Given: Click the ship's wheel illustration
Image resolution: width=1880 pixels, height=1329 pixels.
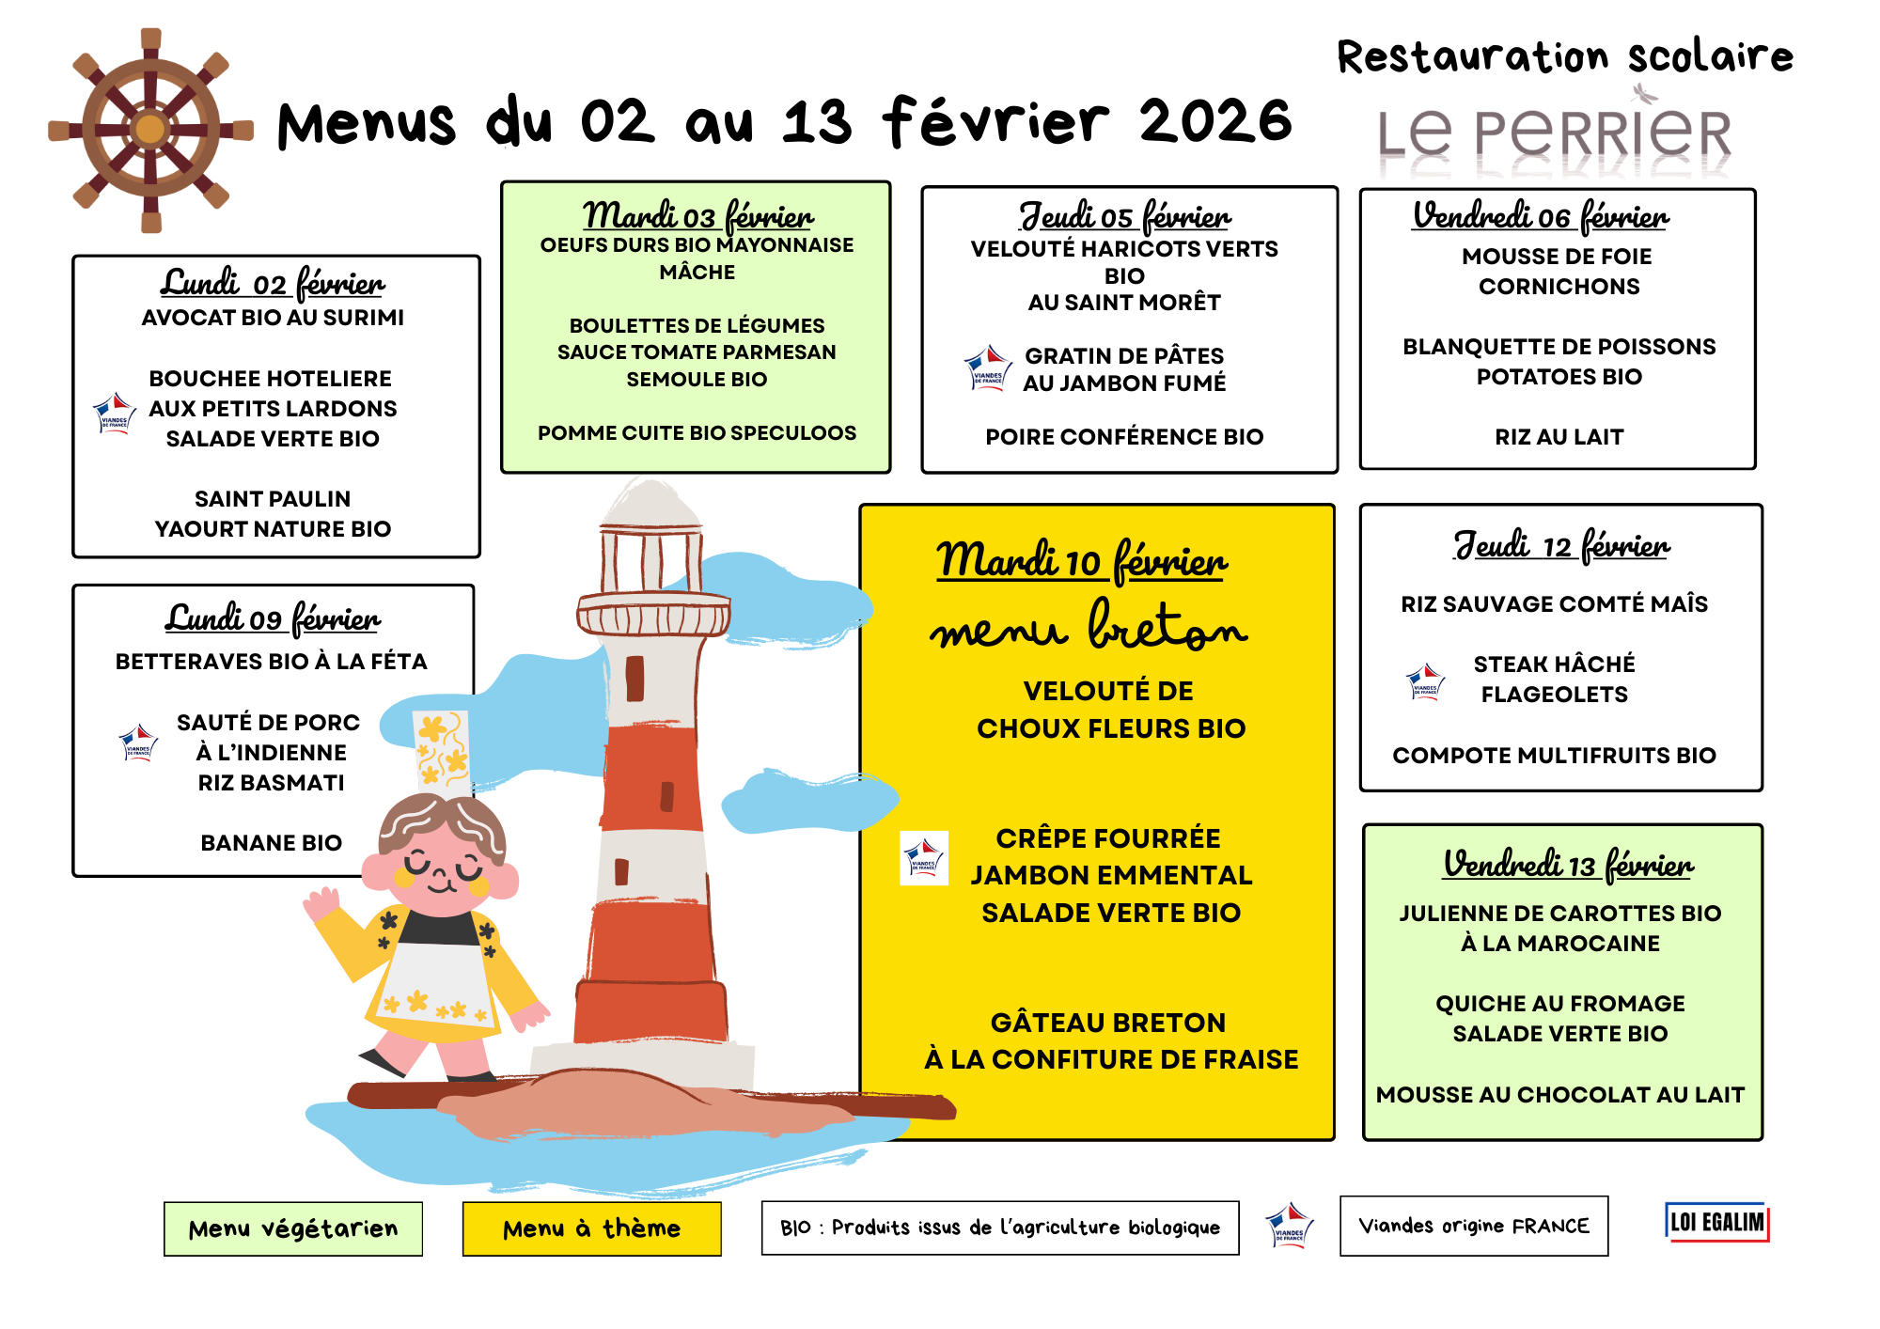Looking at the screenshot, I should [x=150, y=130].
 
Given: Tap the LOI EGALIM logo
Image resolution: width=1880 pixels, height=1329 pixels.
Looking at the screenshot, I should [x=1716, y=1222].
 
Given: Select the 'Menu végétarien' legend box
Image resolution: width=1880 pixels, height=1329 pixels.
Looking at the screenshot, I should [x=293, y=1228].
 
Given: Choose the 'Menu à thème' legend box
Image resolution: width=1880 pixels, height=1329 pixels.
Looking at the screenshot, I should [x=591, y=1228].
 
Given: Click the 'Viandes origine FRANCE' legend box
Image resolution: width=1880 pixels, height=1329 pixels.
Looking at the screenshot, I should [x=1473, y=1226].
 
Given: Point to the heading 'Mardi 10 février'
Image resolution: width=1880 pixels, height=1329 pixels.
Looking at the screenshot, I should [x=1081, y=561].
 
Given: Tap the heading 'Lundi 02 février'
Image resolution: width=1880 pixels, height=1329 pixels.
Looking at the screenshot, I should [x=272, y=283].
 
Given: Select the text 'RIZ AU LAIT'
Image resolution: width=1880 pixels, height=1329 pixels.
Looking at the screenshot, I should [x=1559, y=437].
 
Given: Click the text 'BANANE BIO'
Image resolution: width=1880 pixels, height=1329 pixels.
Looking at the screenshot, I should [x=271, y=843].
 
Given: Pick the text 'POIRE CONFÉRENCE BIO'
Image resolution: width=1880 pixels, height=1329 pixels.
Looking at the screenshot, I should [x=1124, y=437].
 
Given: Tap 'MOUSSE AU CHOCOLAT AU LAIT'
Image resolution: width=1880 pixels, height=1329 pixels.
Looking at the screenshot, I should [x=1559, y=1095].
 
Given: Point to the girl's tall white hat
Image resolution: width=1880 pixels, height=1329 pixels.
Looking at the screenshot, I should [x=442, y=752].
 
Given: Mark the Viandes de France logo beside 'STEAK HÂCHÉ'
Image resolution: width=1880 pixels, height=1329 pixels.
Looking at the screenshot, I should [x=1425, y=681].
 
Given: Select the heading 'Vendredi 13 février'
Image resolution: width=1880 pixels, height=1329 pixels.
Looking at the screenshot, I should [x=1568, y=864].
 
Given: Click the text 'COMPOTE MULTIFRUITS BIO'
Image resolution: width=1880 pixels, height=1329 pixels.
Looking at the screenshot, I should [x=1554, y=756].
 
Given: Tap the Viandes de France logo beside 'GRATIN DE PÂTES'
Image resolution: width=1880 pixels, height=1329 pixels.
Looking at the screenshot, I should [x=988, y=368].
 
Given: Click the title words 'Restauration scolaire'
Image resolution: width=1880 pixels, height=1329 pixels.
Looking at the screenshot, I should [x=1565, y=56].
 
